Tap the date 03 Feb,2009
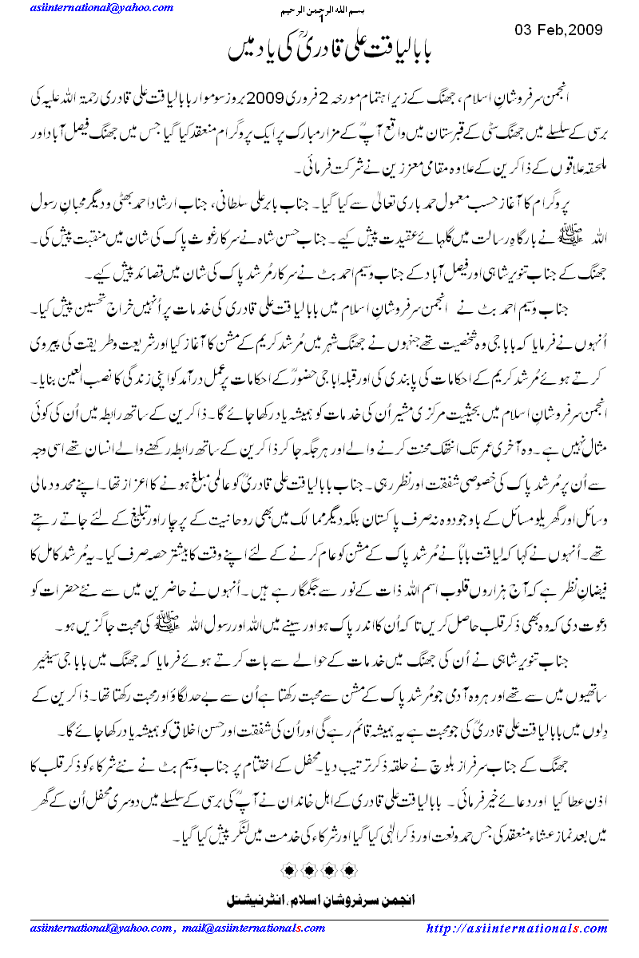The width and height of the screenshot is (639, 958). click(x=557, y=30)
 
